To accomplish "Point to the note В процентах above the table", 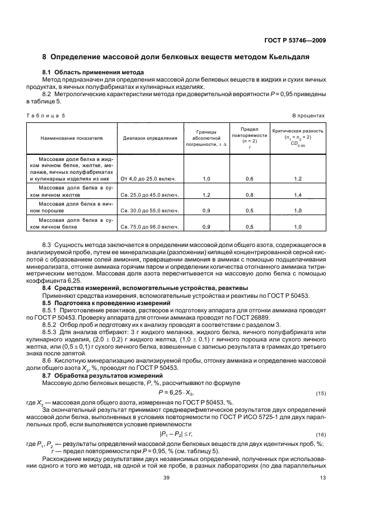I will click(308, 116).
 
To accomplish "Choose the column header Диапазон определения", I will click(149, 137).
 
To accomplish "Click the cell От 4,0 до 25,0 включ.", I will click(148, 179).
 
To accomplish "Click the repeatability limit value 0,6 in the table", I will click(250, 179).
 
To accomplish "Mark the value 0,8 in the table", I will click(250, 195).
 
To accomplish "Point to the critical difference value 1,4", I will click(298, 195).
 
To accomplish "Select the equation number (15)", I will click(320, 394).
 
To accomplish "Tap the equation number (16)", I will click(320, 434).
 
